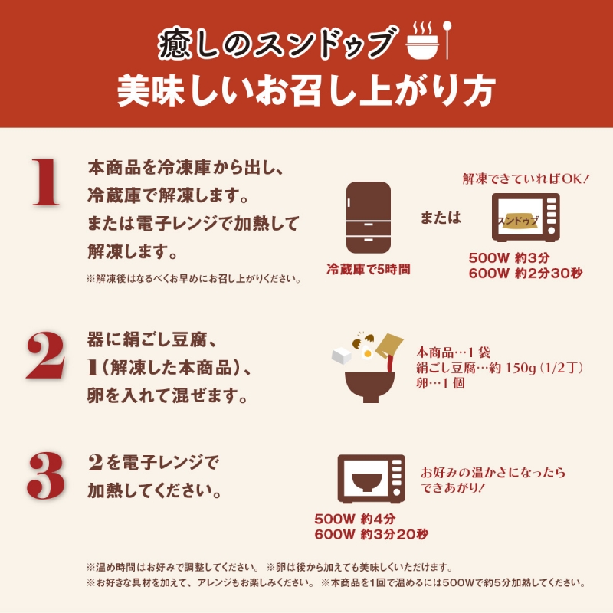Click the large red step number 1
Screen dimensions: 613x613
point(46,182)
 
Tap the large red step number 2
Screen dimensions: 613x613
point(45,356)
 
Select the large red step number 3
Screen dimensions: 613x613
point(46,476)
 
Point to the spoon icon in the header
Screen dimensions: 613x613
point(447,40)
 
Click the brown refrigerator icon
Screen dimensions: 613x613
point(369,218)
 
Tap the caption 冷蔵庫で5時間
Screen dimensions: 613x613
point(369,270)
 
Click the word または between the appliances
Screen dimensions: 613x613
point(441,218)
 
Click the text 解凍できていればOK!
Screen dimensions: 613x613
point(526,179)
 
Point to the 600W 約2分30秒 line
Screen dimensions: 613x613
point(526,274)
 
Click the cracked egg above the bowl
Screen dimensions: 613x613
point(365,346)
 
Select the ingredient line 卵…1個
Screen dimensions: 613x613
point(441,383)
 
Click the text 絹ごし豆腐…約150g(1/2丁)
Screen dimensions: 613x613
point(500,368)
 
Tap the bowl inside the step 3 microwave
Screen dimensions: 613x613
point(367,481)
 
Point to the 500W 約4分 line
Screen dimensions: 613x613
point(355,520)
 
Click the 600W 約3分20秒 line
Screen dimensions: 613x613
point(372,534)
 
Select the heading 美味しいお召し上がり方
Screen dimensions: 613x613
point(306,91)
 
